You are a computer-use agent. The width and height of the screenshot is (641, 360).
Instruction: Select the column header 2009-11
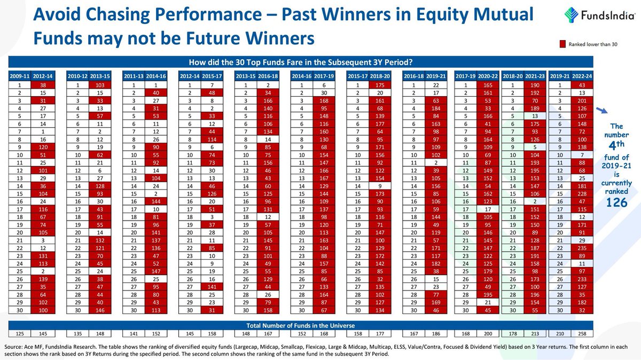(x=19, y=76)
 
